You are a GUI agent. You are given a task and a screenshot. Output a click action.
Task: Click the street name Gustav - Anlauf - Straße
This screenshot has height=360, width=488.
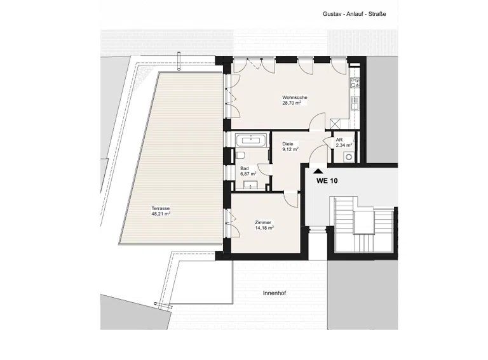point(354,14)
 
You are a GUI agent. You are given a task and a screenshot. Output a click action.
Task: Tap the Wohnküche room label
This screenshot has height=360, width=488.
point(294,97)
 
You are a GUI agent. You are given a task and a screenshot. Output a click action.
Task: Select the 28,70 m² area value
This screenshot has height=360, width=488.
point(292,103)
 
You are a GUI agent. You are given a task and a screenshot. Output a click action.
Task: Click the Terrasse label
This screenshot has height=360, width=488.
point(161,209)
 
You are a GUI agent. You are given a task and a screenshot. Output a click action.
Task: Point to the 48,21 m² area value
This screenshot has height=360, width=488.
point(161,214)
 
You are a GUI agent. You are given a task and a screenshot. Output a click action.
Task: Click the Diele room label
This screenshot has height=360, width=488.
point(288,144)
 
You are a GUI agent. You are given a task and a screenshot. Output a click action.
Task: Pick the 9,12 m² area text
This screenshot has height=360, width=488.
point(290,149)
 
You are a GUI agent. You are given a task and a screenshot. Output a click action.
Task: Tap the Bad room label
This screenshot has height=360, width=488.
point(244,168)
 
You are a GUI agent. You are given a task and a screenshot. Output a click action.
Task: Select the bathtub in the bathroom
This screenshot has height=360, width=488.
point(251,140)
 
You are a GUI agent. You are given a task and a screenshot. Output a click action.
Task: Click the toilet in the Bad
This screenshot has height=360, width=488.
point(240,155)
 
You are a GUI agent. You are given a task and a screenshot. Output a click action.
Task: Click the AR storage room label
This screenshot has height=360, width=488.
point(339,140)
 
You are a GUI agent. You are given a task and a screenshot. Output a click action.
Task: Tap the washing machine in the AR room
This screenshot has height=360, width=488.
point(349,157)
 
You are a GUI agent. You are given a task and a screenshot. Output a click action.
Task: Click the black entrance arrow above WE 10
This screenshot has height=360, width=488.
point(318,171)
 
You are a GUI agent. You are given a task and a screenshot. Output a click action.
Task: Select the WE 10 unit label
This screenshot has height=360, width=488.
point(327,180)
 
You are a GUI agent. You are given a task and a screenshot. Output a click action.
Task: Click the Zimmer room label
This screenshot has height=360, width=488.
point(262,223)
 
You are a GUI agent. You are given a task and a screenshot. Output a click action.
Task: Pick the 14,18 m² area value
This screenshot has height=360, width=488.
point(264,228)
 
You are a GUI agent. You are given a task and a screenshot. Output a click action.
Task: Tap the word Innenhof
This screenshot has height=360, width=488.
point(274,293)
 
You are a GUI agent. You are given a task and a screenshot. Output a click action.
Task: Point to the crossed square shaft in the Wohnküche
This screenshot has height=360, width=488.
point(335,124)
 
